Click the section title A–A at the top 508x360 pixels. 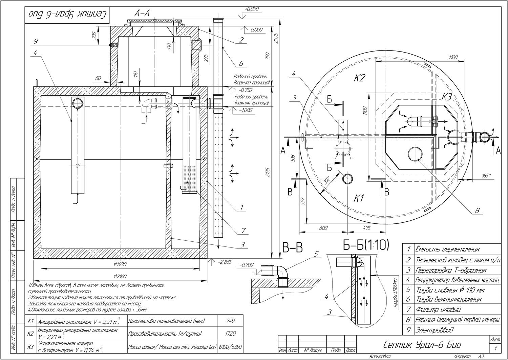(x=142, y=13)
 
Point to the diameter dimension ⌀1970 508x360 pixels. (x=120, y=264)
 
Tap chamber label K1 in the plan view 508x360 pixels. (x=359, y=199)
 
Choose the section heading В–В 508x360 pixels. (x=292, y=248)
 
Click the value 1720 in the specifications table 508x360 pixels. (x=230, y=334)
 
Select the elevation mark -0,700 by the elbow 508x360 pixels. (x=246, y=265)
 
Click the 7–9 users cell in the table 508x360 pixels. (x=230, y=321)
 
